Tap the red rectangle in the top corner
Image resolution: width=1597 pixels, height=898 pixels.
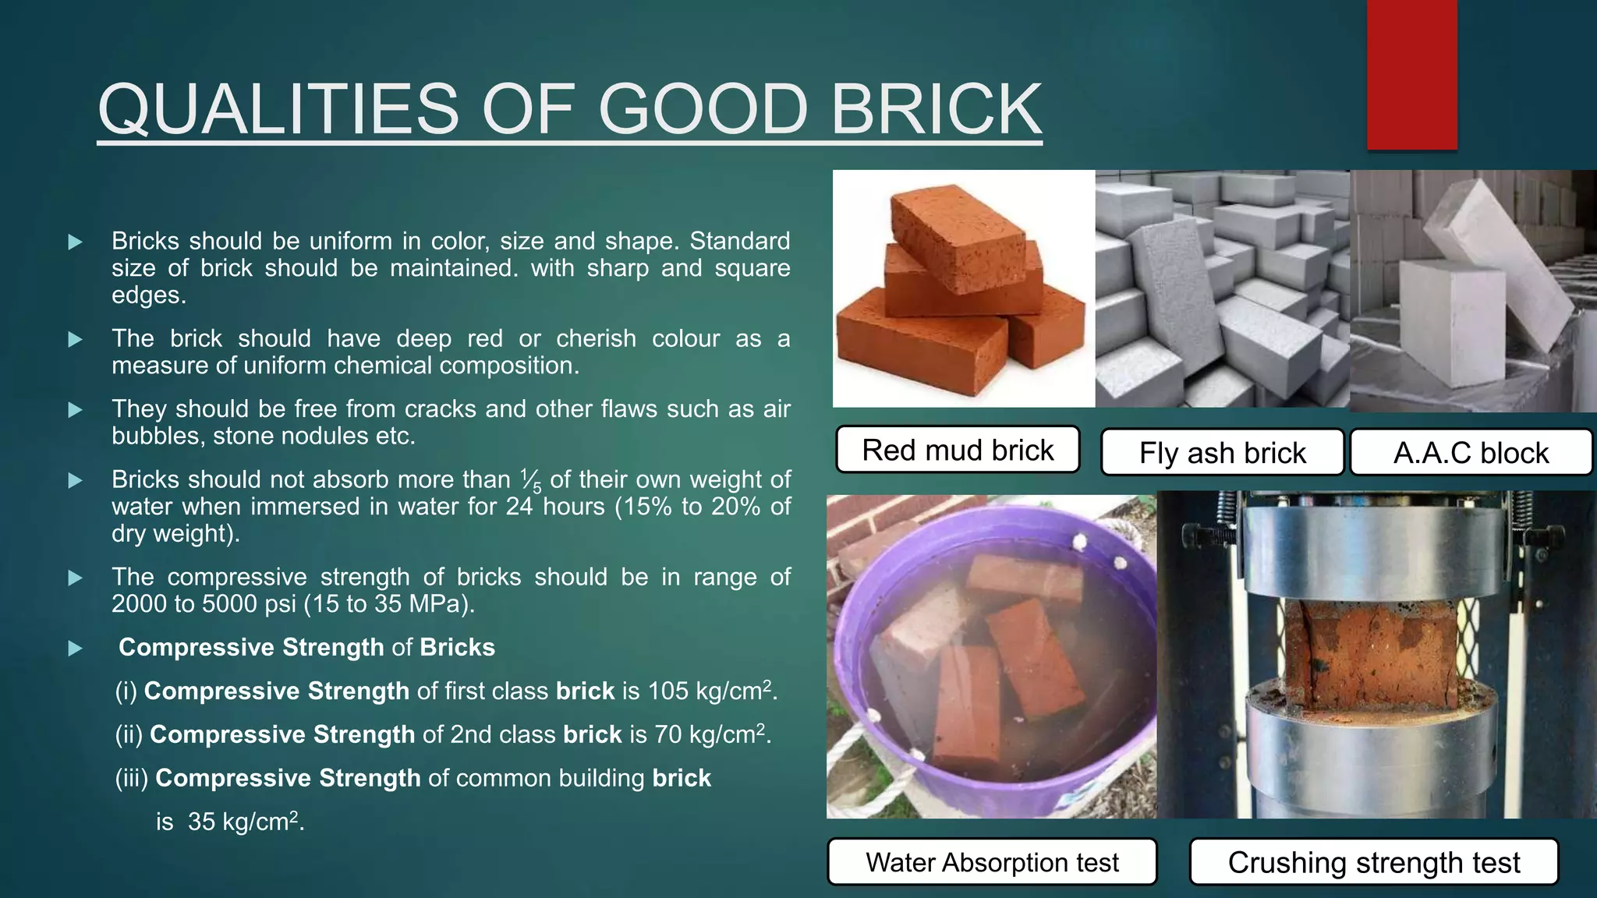pyautogui.click(x=1411, y=74)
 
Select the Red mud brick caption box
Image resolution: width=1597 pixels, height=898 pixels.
pyautogui.click(x=958, y=450)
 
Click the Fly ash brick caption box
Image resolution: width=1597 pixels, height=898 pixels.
pyautogui.click(x=1222, y=453)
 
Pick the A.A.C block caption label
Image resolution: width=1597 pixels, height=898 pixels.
pyautogui.click(x=1471, y=453)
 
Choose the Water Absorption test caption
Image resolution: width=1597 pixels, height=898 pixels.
pyautogui.click(x=992, y=862)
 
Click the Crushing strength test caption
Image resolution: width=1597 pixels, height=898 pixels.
pyautogui.click(x=1373, y=862)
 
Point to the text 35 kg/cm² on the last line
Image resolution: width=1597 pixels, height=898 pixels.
pyautogui.click(x=243, y=822)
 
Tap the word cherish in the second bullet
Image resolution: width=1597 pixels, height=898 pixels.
pyautogui.click(x=596, y=339)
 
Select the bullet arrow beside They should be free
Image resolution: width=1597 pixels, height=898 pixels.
pyautogui.click(x=76, y=410)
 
